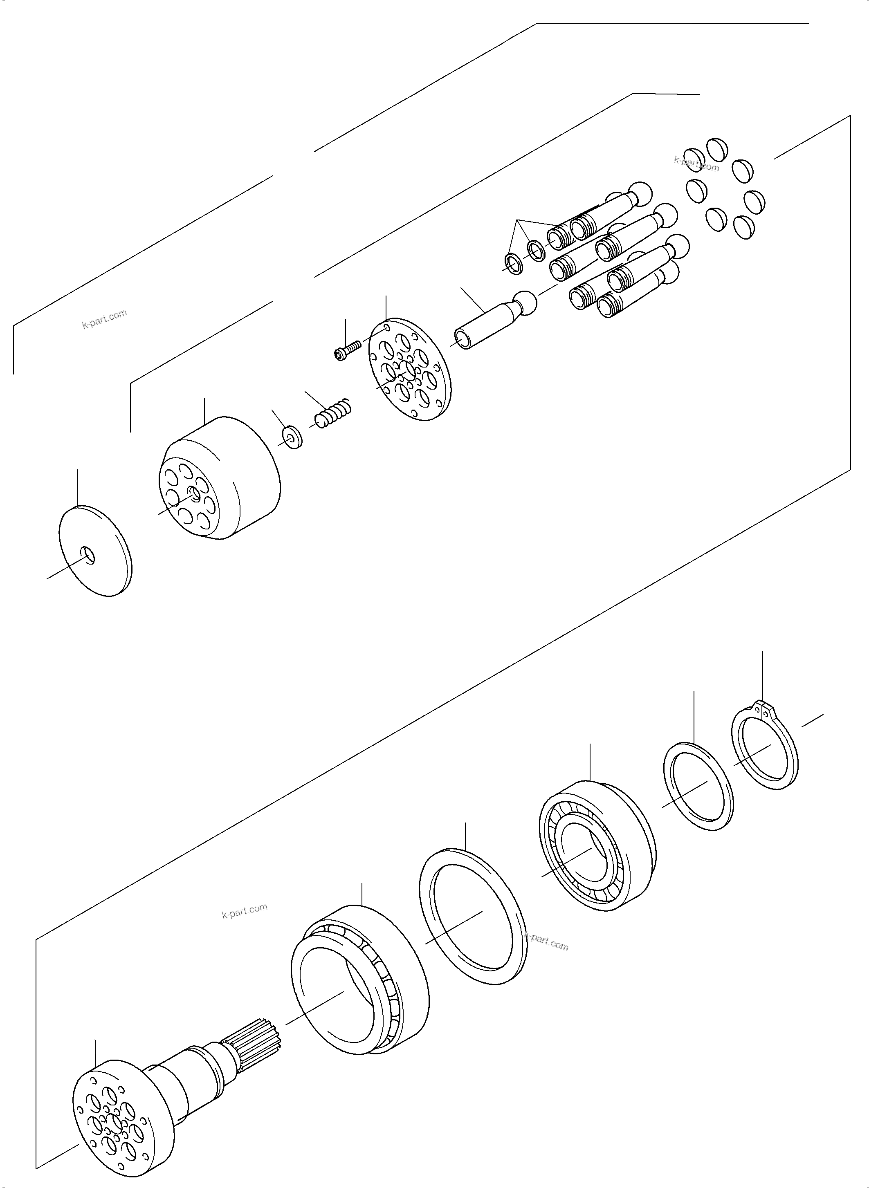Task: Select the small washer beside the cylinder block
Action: click(292, 437)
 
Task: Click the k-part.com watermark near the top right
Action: click(696, 164)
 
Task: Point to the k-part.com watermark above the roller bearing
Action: click(245, 910)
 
